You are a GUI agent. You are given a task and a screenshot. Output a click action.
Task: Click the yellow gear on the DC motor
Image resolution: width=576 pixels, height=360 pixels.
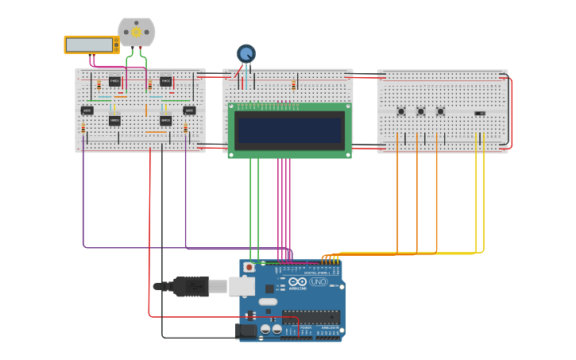[136, 33]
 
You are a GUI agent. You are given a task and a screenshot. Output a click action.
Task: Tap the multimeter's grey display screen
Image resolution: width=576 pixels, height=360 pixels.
[89, 45]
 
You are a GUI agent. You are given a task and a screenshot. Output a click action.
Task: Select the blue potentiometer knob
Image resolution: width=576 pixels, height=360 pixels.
[246, 54]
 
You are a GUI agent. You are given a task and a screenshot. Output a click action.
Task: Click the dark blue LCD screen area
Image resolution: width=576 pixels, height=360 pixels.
[289, 130]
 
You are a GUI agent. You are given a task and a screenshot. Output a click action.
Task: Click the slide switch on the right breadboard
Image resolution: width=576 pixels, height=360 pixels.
[479, 113]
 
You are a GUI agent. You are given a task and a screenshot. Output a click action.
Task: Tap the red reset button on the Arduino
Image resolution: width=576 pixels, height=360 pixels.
[249, 268]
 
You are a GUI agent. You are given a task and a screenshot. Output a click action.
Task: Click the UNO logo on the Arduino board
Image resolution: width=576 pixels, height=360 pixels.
[318, 282]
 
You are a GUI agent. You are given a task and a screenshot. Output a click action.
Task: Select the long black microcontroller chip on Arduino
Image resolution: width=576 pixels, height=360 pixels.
[311, 317]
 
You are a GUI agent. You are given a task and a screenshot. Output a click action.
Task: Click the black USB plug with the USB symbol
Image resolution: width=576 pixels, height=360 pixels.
[191, 286]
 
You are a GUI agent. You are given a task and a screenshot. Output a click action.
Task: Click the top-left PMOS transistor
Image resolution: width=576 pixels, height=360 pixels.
[114, 81]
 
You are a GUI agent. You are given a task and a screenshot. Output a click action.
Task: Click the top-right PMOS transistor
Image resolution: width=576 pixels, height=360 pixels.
[165, 81]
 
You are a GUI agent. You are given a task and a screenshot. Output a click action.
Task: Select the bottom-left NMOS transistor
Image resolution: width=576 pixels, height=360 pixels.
[114, 121]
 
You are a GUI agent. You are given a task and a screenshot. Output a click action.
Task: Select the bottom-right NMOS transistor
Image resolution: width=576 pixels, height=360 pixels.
[165, 121]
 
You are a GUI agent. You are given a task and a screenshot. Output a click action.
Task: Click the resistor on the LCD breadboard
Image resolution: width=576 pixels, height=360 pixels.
[293, 85]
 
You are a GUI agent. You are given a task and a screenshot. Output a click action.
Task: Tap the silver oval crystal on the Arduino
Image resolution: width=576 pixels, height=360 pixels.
[268, 301]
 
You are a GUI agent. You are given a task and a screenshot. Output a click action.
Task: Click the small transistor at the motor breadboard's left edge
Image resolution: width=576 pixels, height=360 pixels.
[87, 110]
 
